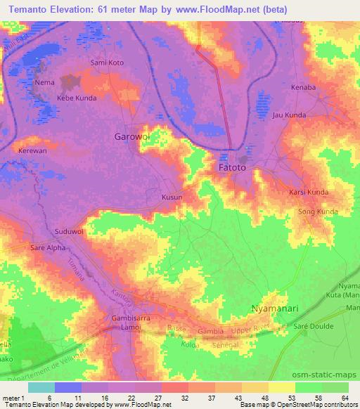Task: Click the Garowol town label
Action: [x=132, y=138]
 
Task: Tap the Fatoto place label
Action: [x=232, y=169]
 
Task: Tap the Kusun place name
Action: [x=172, y=197]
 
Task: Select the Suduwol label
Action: [x=69, y=231]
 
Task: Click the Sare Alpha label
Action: [x=47, y=248]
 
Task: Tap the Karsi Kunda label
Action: [x=309, y=192]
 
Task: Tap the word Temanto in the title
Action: [x=34, y=9]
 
